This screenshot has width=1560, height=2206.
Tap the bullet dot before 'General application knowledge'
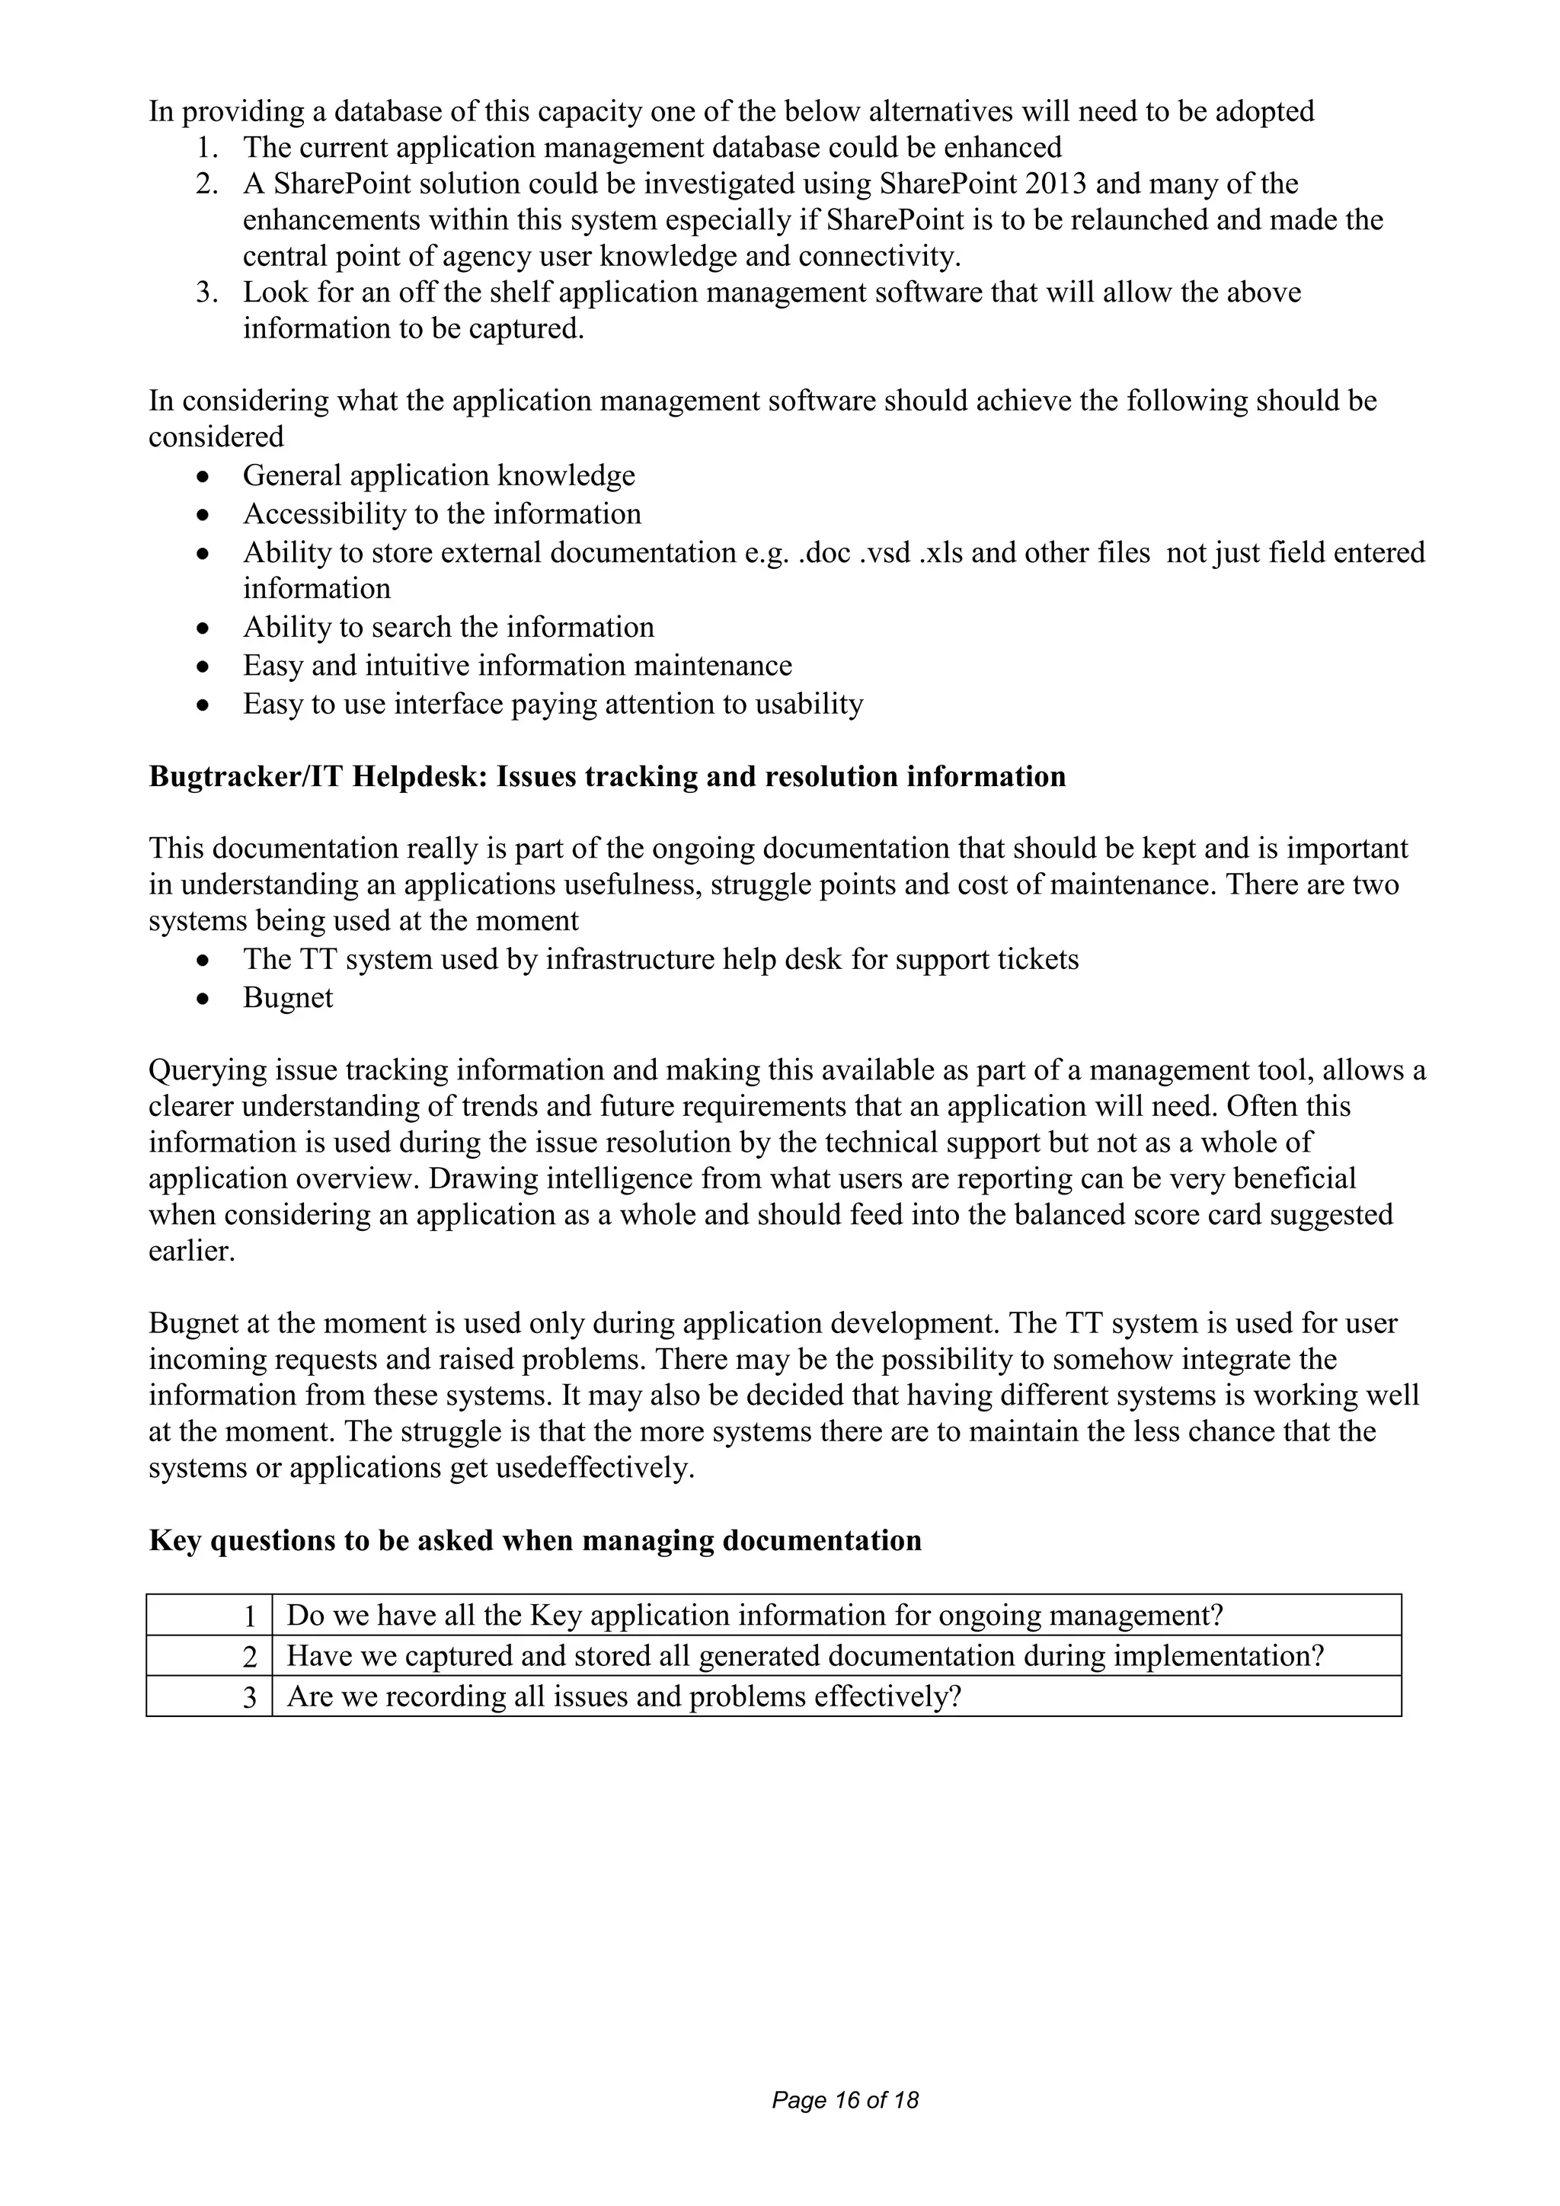coord(202,477)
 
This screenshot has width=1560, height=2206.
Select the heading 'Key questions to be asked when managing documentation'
coord(534,1540)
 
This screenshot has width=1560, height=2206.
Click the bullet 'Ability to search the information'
coord(448,628)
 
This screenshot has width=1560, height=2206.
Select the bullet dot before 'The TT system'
coord(202,960)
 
